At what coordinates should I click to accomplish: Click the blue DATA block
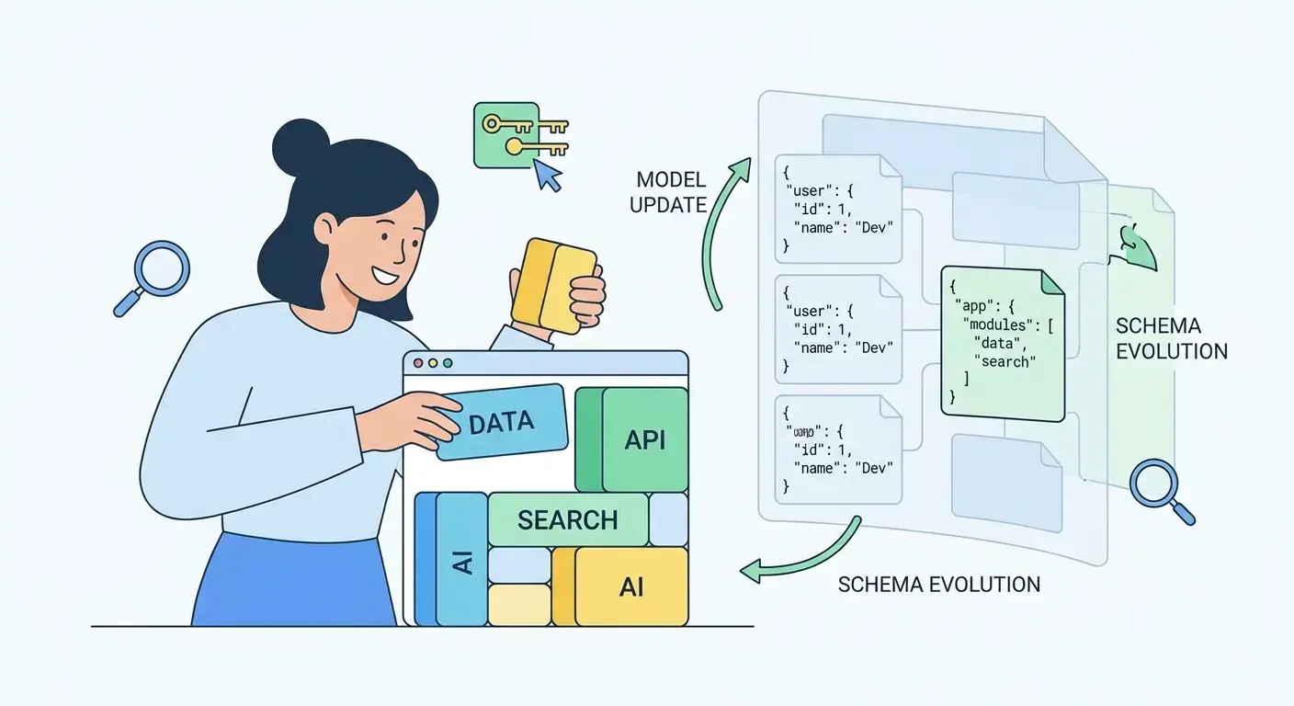[501, 422]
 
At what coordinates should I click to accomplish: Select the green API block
[644, 439]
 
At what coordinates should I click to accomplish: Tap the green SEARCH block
[568, 519]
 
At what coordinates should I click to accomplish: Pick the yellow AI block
[630, 586]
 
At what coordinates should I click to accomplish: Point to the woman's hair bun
[301, 144]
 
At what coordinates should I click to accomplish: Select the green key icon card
[506, 134]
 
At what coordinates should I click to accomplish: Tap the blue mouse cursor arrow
[548, 175]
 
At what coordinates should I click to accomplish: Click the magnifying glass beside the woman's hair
[159, 272]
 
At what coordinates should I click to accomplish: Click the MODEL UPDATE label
[668, 191]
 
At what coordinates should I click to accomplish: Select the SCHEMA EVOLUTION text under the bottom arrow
[939, 585]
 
